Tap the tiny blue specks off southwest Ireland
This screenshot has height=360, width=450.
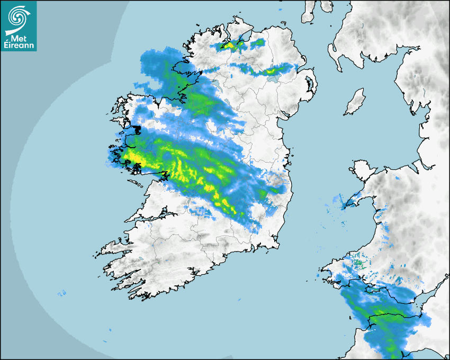pyautogui.click(x=61, y=293)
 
